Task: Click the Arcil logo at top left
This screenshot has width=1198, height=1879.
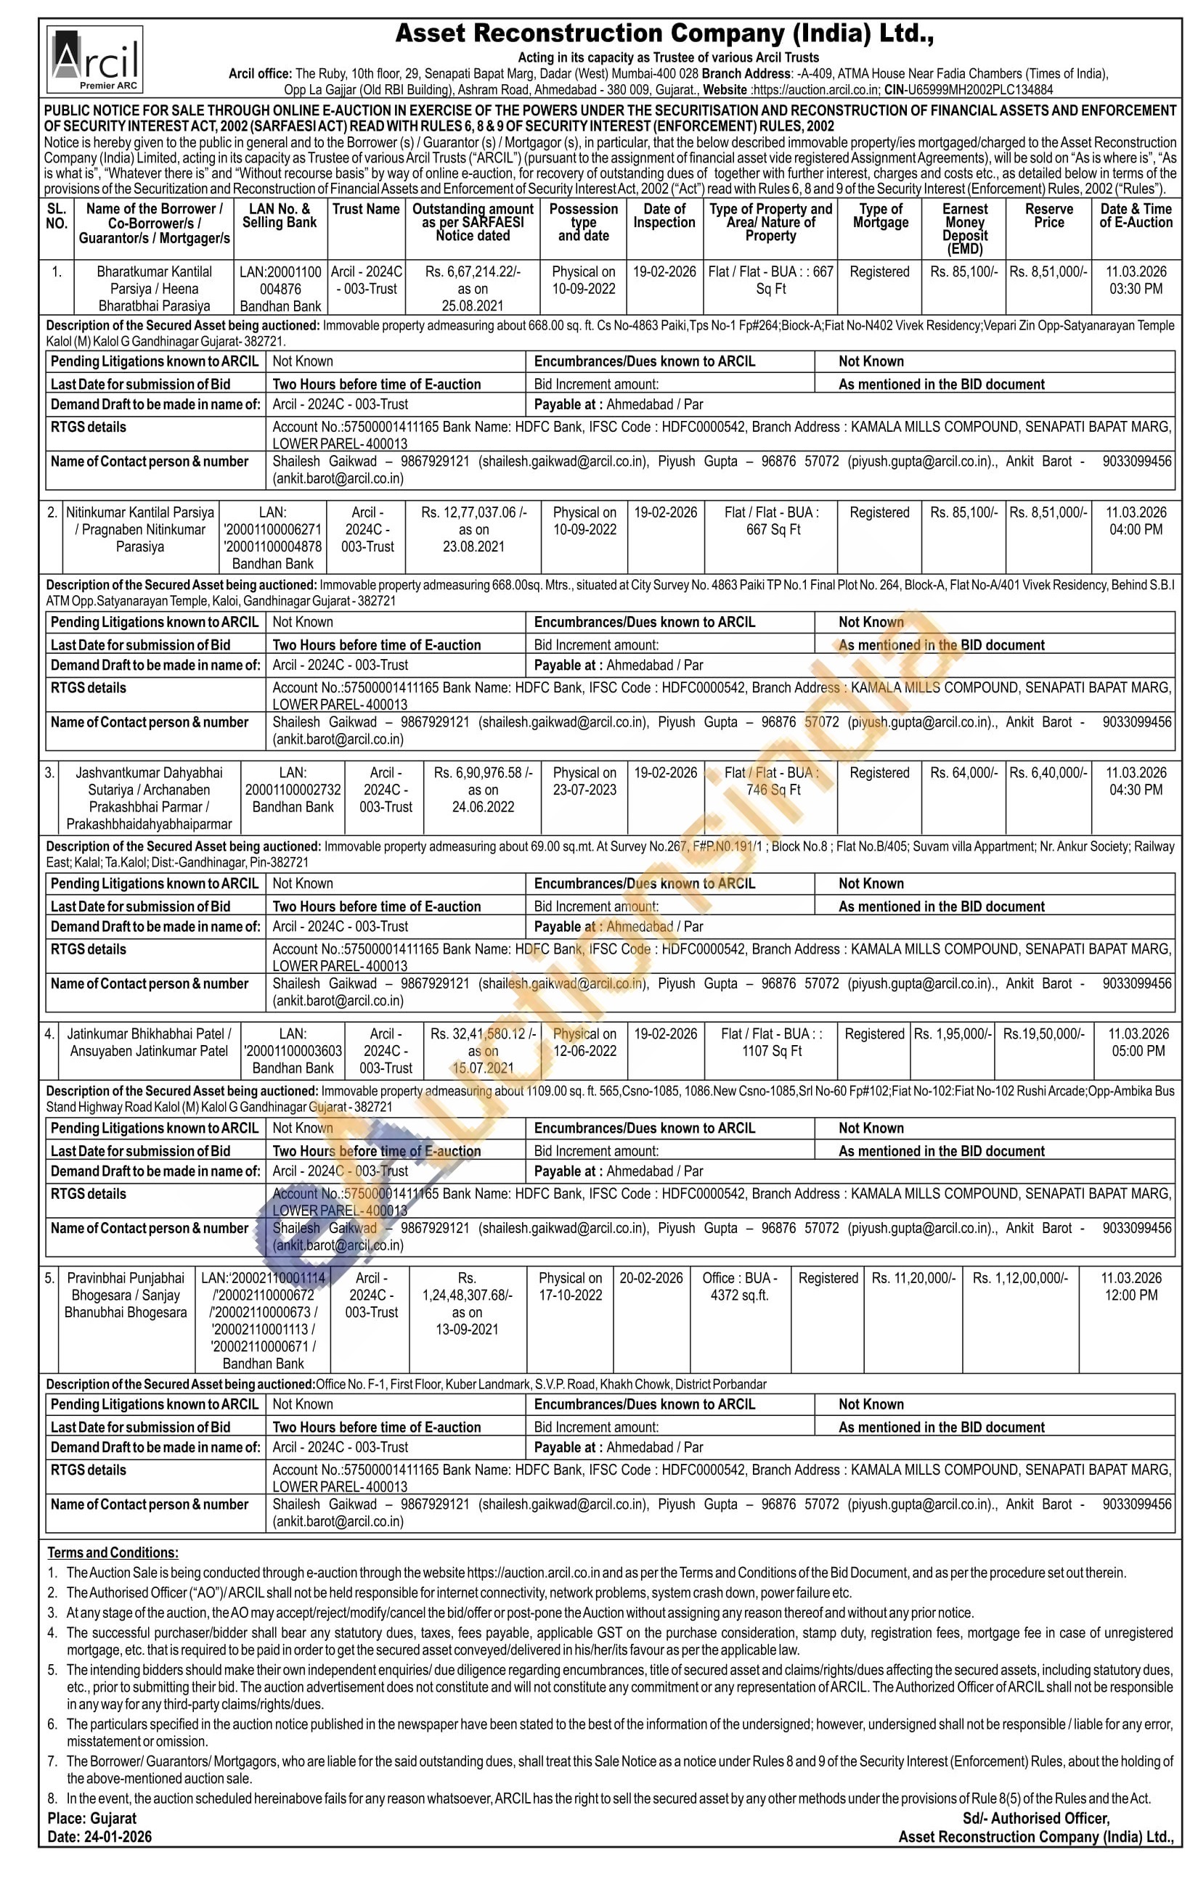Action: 94,60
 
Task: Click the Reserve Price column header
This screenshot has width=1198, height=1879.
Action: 1048,216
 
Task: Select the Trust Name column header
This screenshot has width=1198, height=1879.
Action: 365,209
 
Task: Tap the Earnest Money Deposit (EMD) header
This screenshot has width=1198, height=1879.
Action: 965,229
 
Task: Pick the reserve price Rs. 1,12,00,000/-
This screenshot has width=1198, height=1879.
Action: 1020,1277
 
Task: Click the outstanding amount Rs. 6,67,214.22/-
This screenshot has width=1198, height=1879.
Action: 473,271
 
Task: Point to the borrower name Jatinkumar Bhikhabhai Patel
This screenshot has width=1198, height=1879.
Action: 148,1033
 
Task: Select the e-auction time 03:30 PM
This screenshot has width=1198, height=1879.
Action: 1136,289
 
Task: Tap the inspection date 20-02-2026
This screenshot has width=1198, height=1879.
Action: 651,1277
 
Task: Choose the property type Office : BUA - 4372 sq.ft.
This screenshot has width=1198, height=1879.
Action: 739,1286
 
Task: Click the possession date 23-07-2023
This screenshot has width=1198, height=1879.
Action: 584,790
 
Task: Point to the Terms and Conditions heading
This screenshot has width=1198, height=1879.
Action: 113,1552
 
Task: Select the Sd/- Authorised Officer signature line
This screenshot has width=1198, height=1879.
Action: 1035,1818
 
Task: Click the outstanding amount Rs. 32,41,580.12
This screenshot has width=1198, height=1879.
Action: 482,1033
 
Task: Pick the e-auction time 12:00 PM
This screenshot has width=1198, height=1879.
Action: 1131,1295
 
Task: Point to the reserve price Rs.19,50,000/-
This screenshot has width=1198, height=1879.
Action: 1043,1033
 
